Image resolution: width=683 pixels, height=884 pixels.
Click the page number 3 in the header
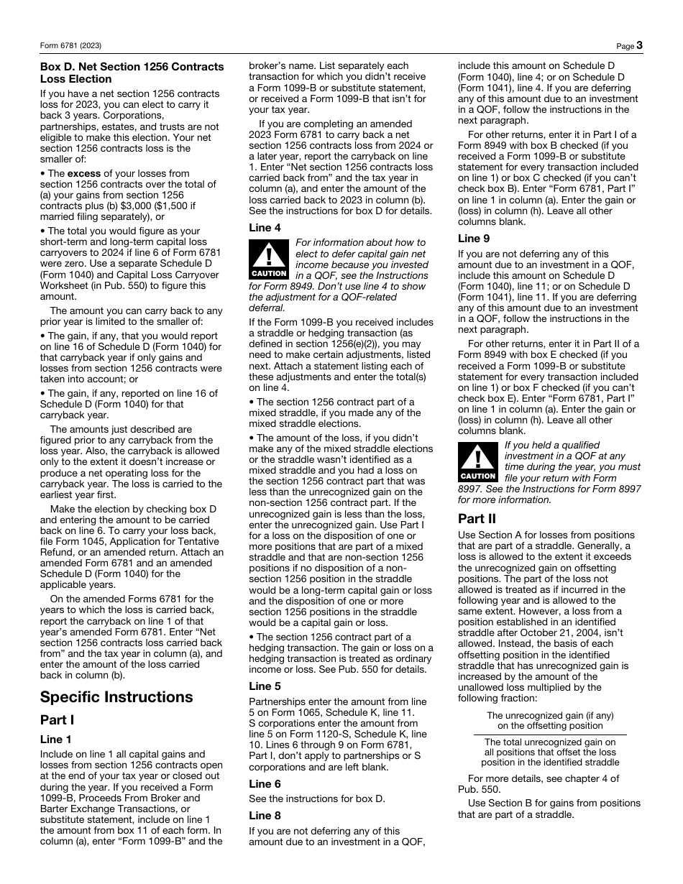click(638, 45)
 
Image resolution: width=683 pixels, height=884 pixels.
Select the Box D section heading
click(132, 73)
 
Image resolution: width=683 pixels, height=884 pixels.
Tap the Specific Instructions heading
click(116, 696)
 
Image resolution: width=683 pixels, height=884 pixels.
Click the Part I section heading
click(57, 720)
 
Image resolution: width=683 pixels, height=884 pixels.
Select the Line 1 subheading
click(55, 739)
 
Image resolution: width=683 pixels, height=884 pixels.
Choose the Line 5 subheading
click(265, 686)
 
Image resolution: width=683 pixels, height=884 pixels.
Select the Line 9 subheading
click(474, 239)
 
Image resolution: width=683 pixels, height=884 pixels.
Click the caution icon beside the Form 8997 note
click(478, 462)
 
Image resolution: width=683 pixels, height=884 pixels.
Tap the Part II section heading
click(477, 518)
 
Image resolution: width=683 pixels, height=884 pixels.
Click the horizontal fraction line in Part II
click(549, 735)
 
